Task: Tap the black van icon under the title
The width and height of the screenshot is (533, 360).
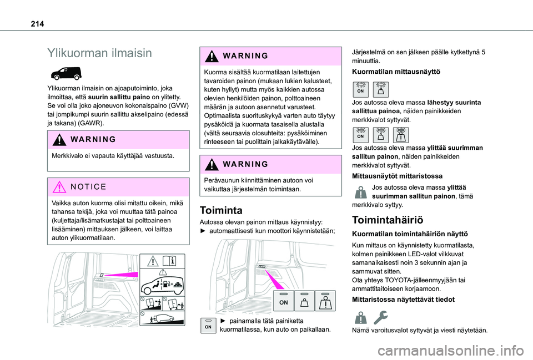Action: click(66, 73)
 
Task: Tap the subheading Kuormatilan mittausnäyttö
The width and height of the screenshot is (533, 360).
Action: click(396, 72)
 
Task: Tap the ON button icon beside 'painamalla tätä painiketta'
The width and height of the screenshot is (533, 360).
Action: click(207, 326)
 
